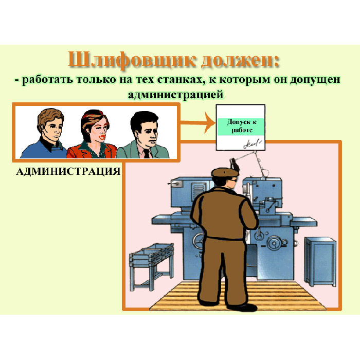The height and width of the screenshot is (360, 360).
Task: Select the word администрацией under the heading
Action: [x=176, y=95]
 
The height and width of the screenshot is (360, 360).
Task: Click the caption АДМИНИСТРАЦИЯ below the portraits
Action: [x=68, y=171]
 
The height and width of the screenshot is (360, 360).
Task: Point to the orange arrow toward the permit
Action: [x=197, y=122]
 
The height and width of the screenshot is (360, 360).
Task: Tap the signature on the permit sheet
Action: [x=252, y=143]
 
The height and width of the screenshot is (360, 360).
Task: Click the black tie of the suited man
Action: [x=146, y=153]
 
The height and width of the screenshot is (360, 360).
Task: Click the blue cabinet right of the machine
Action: [x=320, y=261]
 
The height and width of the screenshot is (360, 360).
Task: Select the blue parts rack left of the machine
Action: [x=152, y=266]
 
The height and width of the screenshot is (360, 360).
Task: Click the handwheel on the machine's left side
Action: [x=198, y=241]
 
